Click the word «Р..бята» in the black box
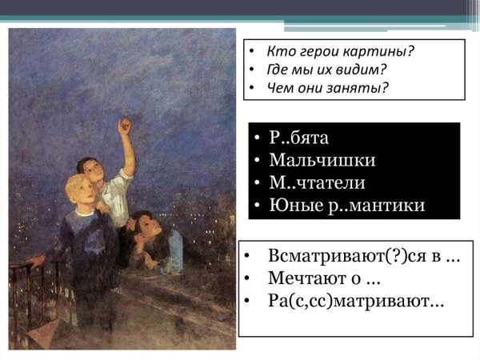tap(300, 138)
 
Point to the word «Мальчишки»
tap(322, 161)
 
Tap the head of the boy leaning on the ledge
tap(142, 225)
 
